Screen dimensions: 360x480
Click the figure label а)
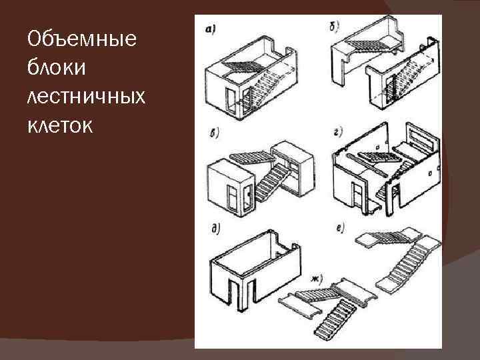click(x=211, y=29)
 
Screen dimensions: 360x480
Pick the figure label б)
click(x=335, y=29)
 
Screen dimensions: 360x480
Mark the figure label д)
click(x=215, y=231)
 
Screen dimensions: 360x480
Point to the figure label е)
click(x=341, y=230)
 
